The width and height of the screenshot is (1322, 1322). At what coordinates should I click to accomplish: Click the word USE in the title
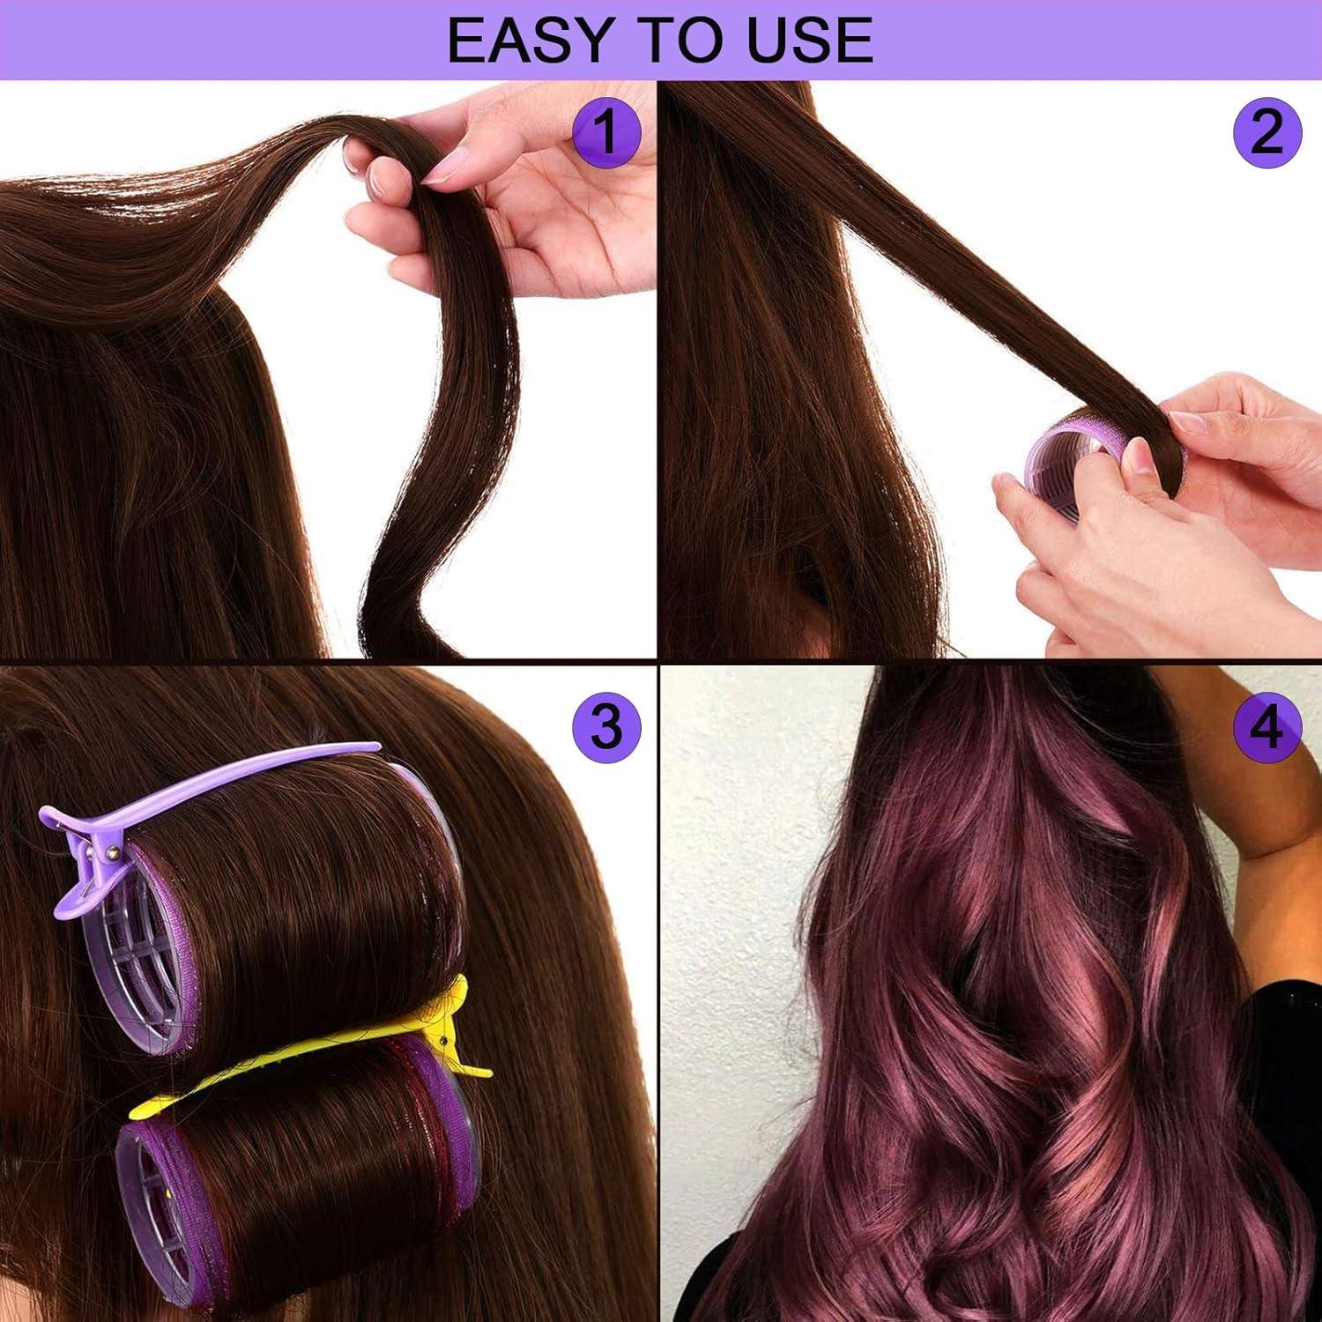point(806,40)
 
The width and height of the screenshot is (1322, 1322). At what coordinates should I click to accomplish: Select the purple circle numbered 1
point(606,132)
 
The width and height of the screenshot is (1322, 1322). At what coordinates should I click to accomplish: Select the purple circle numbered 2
point(1267,132)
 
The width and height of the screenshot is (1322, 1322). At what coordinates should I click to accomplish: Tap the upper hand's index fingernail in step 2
point(1188,422)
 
